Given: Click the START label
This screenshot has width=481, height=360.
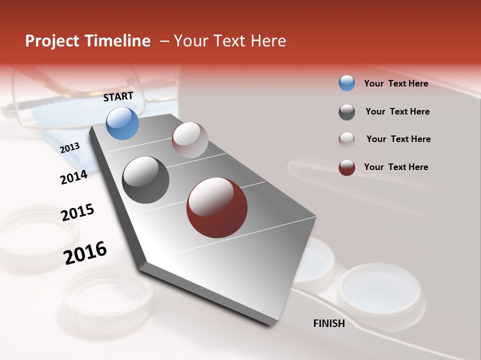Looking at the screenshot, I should pos(118,96).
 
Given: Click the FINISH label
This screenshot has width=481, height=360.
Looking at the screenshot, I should pos(329,323).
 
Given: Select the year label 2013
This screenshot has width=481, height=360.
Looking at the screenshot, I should pos(70,147).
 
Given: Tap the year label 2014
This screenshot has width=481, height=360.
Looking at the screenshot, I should pos(74,177).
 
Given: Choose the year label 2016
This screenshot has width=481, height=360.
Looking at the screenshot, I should pos(85,252).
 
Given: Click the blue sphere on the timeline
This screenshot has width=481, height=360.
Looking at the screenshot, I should pos(123,123).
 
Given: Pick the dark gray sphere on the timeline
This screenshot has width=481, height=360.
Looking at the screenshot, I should pos(146,180).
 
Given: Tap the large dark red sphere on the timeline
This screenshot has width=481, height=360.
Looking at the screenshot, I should pos(217,207).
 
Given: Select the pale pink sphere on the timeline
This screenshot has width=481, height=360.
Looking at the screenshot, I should pos(190,140).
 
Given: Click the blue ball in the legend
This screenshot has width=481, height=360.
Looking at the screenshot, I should pos(347,83).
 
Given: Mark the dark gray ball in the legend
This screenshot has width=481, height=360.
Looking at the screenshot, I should pos(347,112).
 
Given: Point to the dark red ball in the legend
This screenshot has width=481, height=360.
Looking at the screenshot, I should pos(347,167).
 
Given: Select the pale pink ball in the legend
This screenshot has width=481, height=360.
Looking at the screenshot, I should pos(347,139).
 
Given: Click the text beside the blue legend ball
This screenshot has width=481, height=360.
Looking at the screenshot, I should pos(396,83).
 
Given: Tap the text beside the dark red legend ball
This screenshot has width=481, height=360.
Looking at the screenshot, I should pos(396,167).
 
